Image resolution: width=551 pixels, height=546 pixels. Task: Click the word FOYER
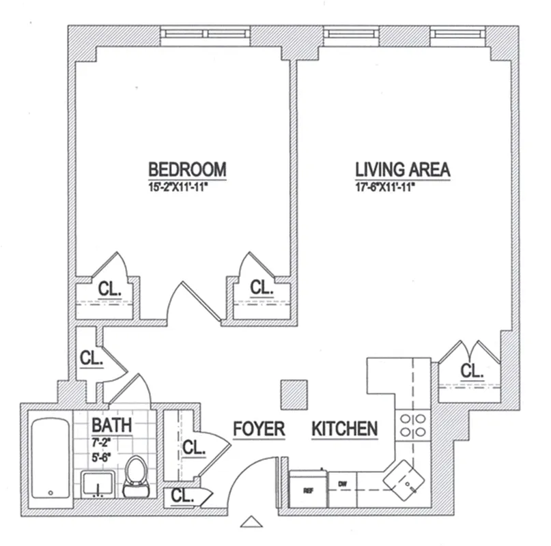pyautogui.click(x=259, y=429)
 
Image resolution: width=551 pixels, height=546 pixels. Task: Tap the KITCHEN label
pyautogui.click(x=345, y=429)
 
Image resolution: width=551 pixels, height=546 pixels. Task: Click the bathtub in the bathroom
pyautogui.click(x=49, y=456)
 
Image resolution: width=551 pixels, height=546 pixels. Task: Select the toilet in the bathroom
pyautogui.click(x=136, y=476)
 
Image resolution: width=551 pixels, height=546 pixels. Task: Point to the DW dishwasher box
pyautogui.click(x=343, y=485)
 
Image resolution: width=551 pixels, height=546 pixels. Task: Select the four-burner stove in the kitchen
pyautogui.click(x=413, y=425)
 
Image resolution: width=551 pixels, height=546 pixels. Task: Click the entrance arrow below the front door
pyautogui.click(x=252, y=522)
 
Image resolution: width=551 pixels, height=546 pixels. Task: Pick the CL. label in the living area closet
pyautogui.click(x=471, y=371)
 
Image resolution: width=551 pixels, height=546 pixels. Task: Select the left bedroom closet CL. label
pyautogui.click(x=109, y=289)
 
